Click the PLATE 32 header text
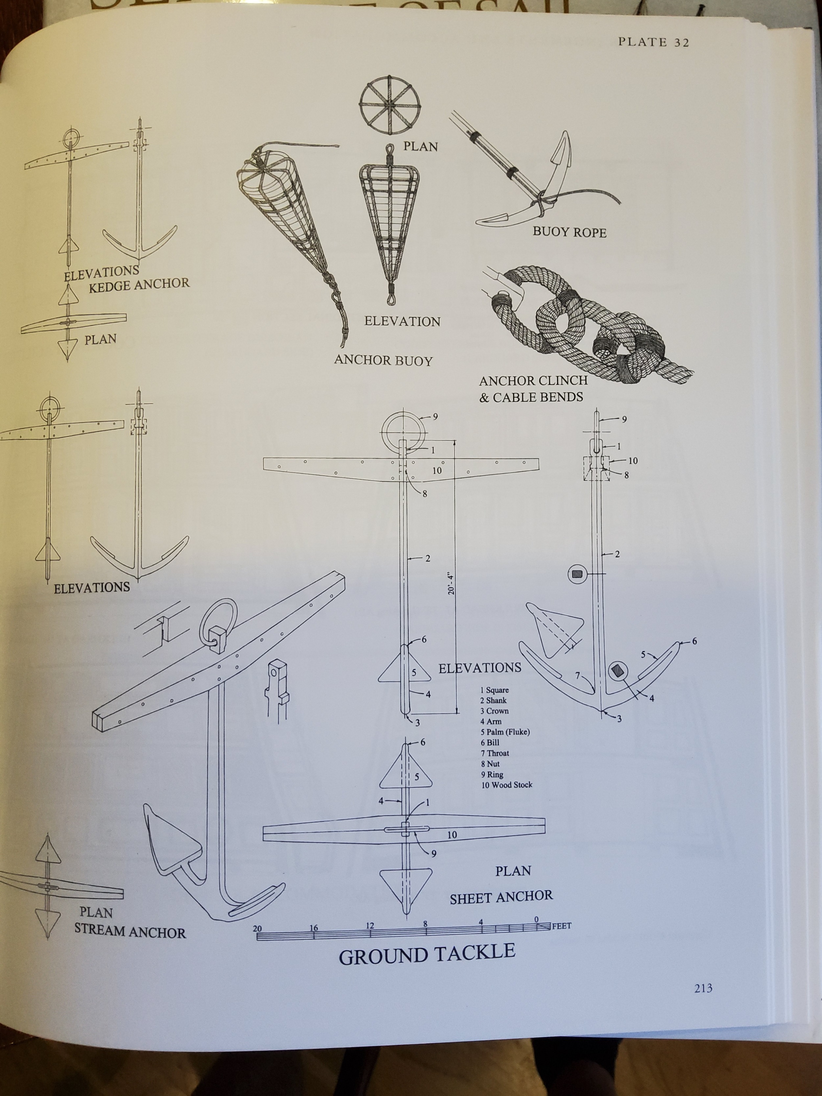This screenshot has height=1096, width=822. (x=653, y=42)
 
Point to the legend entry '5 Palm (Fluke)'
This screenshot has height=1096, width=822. (x=505, y=732)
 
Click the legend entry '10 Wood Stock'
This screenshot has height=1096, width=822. (x=506, y=785)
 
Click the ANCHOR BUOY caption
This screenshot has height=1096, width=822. (x=383, y=360)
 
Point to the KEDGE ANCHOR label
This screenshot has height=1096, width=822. (x=139, y=285)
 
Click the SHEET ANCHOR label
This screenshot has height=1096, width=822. (x=501, y=896)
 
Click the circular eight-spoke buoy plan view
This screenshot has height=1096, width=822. (x=390, y=105)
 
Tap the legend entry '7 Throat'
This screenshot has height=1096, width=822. (x=495, y=753)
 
